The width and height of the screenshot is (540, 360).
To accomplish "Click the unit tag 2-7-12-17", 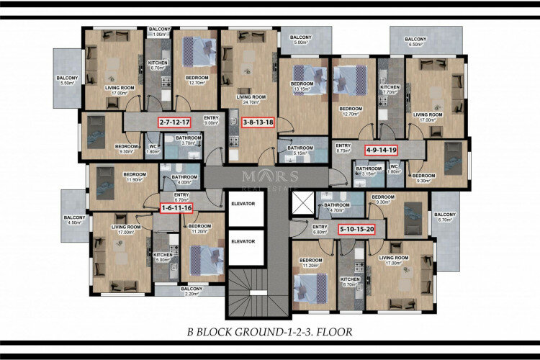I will coord(175,122).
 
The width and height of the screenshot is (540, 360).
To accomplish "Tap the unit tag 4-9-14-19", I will coord(382,150).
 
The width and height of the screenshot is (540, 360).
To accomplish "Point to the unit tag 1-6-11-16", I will coord(176,208).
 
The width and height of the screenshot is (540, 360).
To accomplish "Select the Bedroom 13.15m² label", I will coord(302,86).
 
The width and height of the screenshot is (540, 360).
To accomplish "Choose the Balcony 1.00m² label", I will coord(159,32).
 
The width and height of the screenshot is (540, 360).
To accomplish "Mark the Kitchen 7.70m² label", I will coord(390,90).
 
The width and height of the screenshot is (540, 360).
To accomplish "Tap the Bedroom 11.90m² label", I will coord(135,177).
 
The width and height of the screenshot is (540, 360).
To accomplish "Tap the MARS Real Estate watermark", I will coord(270,179).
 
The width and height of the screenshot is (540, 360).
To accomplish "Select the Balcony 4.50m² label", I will coord(74,220).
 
